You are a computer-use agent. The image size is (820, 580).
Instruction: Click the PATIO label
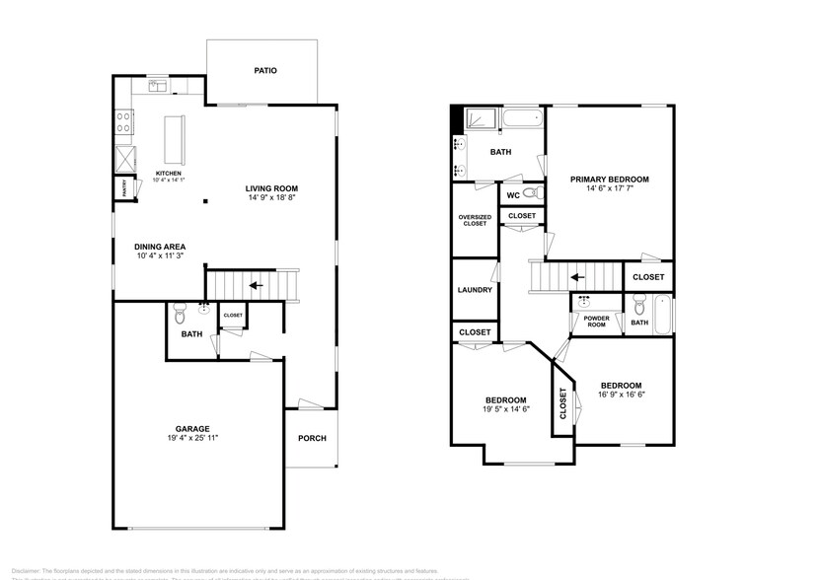(x=264, y=71)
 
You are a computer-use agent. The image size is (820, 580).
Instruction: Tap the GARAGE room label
(x=192, y=428)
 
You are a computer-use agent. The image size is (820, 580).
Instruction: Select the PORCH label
(x=312, y=439)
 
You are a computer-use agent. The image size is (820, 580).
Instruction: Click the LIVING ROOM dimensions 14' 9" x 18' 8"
(x=271, y=198)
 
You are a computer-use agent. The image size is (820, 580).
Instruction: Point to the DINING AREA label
(x=161, y=247)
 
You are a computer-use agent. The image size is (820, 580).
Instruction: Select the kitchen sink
(x=158, y=87)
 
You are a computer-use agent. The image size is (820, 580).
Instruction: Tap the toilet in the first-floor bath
(x=180, y=315)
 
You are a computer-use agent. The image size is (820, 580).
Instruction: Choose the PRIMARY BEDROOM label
(x=610, y=179)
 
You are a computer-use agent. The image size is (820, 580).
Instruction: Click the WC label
(x=513, y=194)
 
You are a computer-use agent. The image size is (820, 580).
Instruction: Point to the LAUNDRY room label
(x=475, y=290)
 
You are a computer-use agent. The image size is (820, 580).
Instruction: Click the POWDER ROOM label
(x=596, y=322)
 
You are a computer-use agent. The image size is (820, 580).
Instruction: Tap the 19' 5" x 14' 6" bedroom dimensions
(x=506, y=409)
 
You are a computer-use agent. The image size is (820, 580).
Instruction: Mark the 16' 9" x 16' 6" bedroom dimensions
(x=621, y=395)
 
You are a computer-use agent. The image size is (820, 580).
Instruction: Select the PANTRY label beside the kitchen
(x=123, y=186)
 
